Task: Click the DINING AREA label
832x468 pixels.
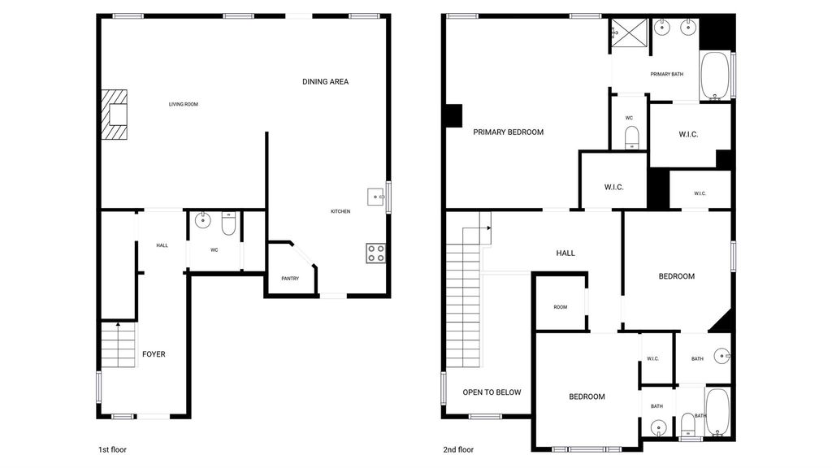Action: (x=325, y=82)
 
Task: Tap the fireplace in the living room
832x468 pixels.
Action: (x=115, y=115)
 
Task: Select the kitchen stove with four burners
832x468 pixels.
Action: (x=375, y=253)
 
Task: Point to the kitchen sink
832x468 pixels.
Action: (x=376, y=197)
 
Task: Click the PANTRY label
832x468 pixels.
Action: (x=290, y=279)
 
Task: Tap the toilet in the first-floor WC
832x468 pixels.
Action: (x=228, y=223)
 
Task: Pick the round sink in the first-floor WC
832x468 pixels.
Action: (x=202, y=219)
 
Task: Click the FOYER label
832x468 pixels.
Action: (x=154, y=354)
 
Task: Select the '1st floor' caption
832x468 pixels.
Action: (x=112, y=450)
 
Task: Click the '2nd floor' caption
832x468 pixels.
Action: (x=458, y=450)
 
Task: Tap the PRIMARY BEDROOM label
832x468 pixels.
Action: (x=509, y=132)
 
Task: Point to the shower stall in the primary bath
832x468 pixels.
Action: (x=630, y=32)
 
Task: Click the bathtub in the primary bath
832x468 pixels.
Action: (x=716, y=76)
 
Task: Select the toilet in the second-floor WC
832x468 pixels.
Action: (x=631, y=138)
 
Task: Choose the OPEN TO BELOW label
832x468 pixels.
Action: (x=492, y=392)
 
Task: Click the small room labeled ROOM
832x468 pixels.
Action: (x=561, y=303)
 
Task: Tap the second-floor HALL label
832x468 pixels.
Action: (x=565, y=253)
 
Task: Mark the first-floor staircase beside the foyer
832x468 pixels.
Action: (x=118, y=344)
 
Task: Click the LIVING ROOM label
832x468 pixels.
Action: (x=184, y=105)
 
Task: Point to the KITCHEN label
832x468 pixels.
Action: (x=340, y=212)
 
